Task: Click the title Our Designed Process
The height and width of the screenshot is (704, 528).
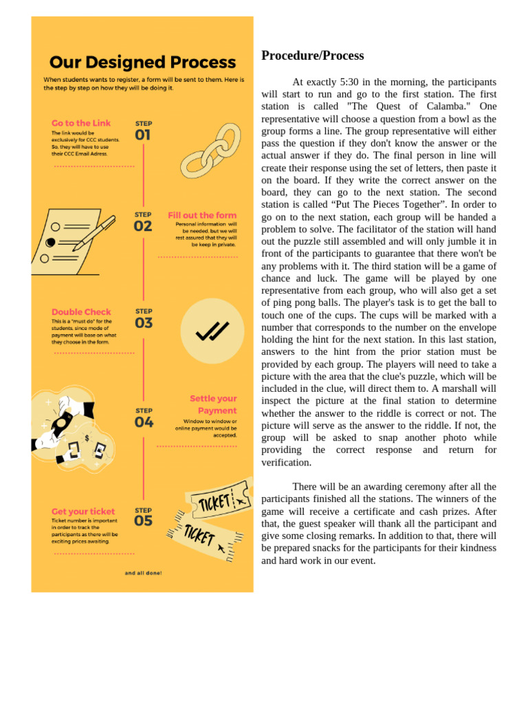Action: (142, 63)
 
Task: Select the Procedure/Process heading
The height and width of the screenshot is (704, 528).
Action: (312, 56)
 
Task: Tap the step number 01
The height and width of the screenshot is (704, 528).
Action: (142, 135)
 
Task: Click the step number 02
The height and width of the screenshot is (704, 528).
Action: (142, 225)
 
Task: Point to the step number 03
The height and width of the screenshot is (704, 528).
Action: (144, 322)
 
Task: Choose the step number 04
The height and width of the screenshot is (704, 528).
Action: (144, 422)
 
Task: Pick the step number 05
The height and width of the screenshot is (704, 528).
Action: (143, 521)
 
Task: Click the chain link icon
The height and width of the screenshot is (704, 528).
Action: (210, 151)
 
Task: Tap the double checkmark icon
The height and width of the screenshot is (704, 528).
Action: (212, 331)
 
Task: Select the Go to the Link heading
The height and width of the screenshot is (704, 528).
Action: (81, 123)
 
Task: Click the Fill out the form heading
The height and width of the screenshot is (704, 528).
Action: (202, 215)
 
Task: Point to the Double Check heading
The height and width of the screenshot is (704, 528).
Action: (81, 312)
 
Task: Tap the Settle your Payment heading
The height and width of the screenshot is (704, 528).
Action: (212, 404)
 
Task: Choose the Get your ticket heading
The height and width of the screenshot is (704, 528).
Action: (83, 511)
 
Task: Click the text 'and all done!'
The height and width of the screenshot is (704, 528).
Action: (143, 573)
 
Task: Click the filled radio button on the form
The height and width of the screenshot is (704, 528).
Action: (50, 243)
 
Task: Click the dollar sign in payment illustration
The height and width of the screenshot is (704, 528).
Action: (87, 438)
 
